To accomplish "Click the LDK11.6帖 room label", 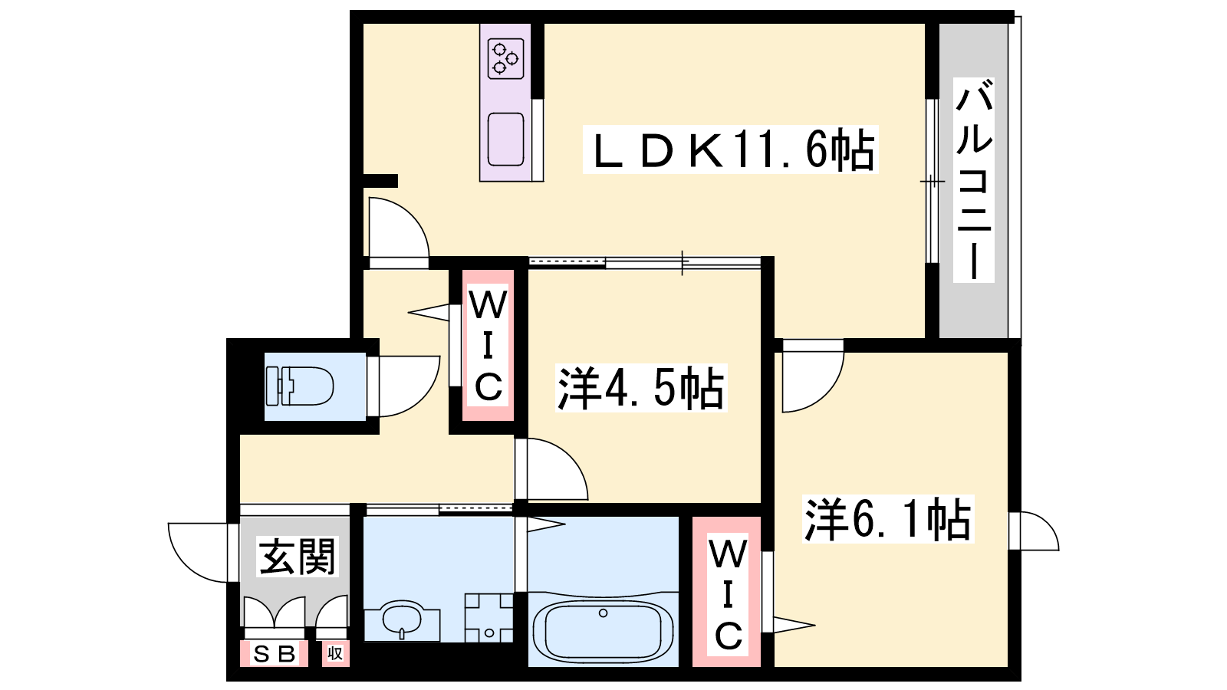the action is click(731, 149).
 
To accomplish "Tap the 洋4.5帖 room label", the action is click(641, 388).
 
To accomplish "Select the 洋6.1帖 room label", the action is click(888, 519).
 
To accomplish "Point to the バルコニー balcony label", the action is click(974, 179).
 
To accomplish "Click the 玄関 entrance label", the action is click(296, 557).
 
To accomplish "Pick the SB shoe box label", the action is click(275, 654).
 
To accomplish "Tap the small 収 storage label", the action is click(335, 653).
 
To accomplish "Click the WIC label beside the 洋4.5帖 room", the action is click(488, 345).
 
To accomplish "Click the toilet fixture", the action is click(300, 386).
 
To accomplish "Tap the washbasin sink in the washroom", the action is click(402, 619).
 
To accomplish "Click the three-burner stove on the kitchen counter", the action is click(505, 58).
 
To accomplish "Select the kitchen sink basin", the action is click(505, 139).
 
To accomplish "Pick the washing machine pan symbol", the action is click(488, 618).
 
